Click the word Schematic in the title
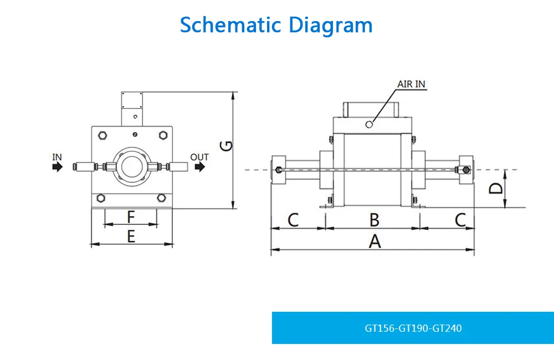coord(228,25)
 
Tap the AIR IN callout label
coord(412,84)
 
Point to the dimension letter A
coord(375,241)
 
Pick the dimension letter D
coord(497,188)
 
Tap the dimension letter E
coord(131,236)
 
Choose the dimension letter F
coord(131,216)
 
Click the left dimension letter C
coord(293,220)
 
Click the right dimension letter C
coord(460,220)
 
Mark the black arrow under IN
coord(58,167)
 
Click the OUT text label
coord(199,157)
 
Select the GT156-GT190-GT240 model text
coord(413,328)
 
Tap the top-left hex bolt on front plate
coord(102,135)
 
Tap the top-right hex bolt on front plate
coord(162,135)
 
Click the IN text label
coord(57,157)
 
